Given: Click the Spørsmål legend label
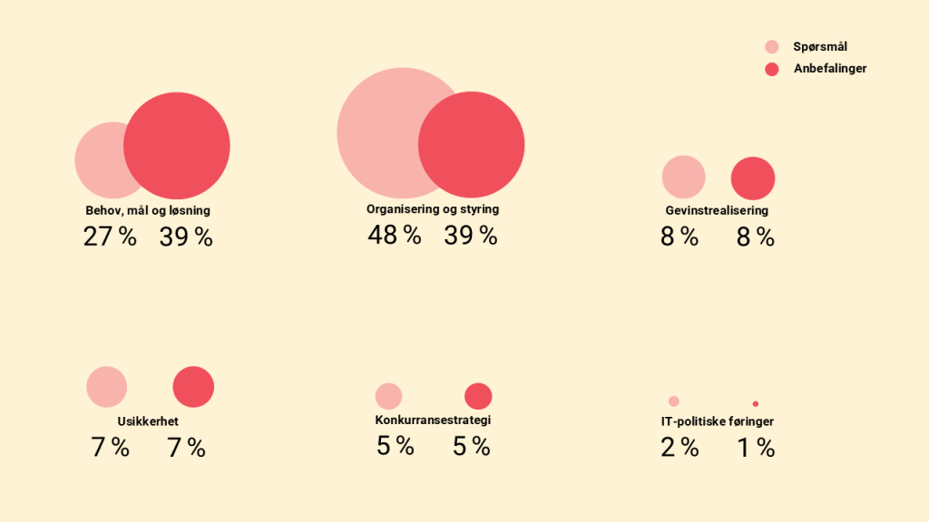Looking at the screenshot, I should [820, 47].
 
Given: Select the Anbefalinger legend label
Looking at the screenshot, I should [830, 69].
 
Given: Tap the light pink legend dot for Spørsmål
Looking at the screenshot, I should [772, 47].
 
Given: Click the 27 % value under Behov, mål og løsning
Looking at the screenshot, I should [110, 237].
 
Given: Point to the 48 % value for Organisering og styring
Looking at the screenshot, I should [395, 236].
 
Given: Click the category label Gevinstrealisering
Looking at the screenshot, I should [717, 210].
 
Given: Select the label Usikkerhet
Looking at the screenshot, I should [148, 422].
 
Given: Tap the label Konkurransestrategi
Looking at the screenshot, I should [433, 420].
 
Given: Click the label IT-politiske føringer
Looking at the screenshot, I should [717, 421].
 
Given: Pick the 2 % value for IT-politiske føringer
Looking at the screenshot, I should [680, 448].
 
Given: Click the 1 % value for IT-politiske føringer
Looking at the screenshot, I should [756, 448].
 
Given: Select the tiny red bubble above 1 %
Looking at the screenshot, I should [755, 404].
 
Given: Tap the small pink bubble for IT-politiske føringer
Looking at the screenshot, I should [673, 401].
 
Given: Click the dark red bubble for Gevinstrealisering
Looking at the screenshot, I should [753, 179].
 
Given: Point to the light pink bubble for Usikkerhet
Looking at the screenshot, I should [107, 387].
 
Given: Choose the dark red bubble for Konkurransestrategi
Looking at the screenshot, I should [478, 396].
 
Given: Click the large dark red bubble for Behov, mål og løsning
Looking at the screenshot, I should [178, 145].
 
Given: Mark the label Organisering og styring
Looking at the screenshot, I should [433, 209].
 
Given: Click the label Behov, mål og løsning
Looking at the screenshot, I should [148, 210].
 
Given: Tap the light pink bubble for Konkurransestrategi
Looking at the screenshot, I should [388, 396].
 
